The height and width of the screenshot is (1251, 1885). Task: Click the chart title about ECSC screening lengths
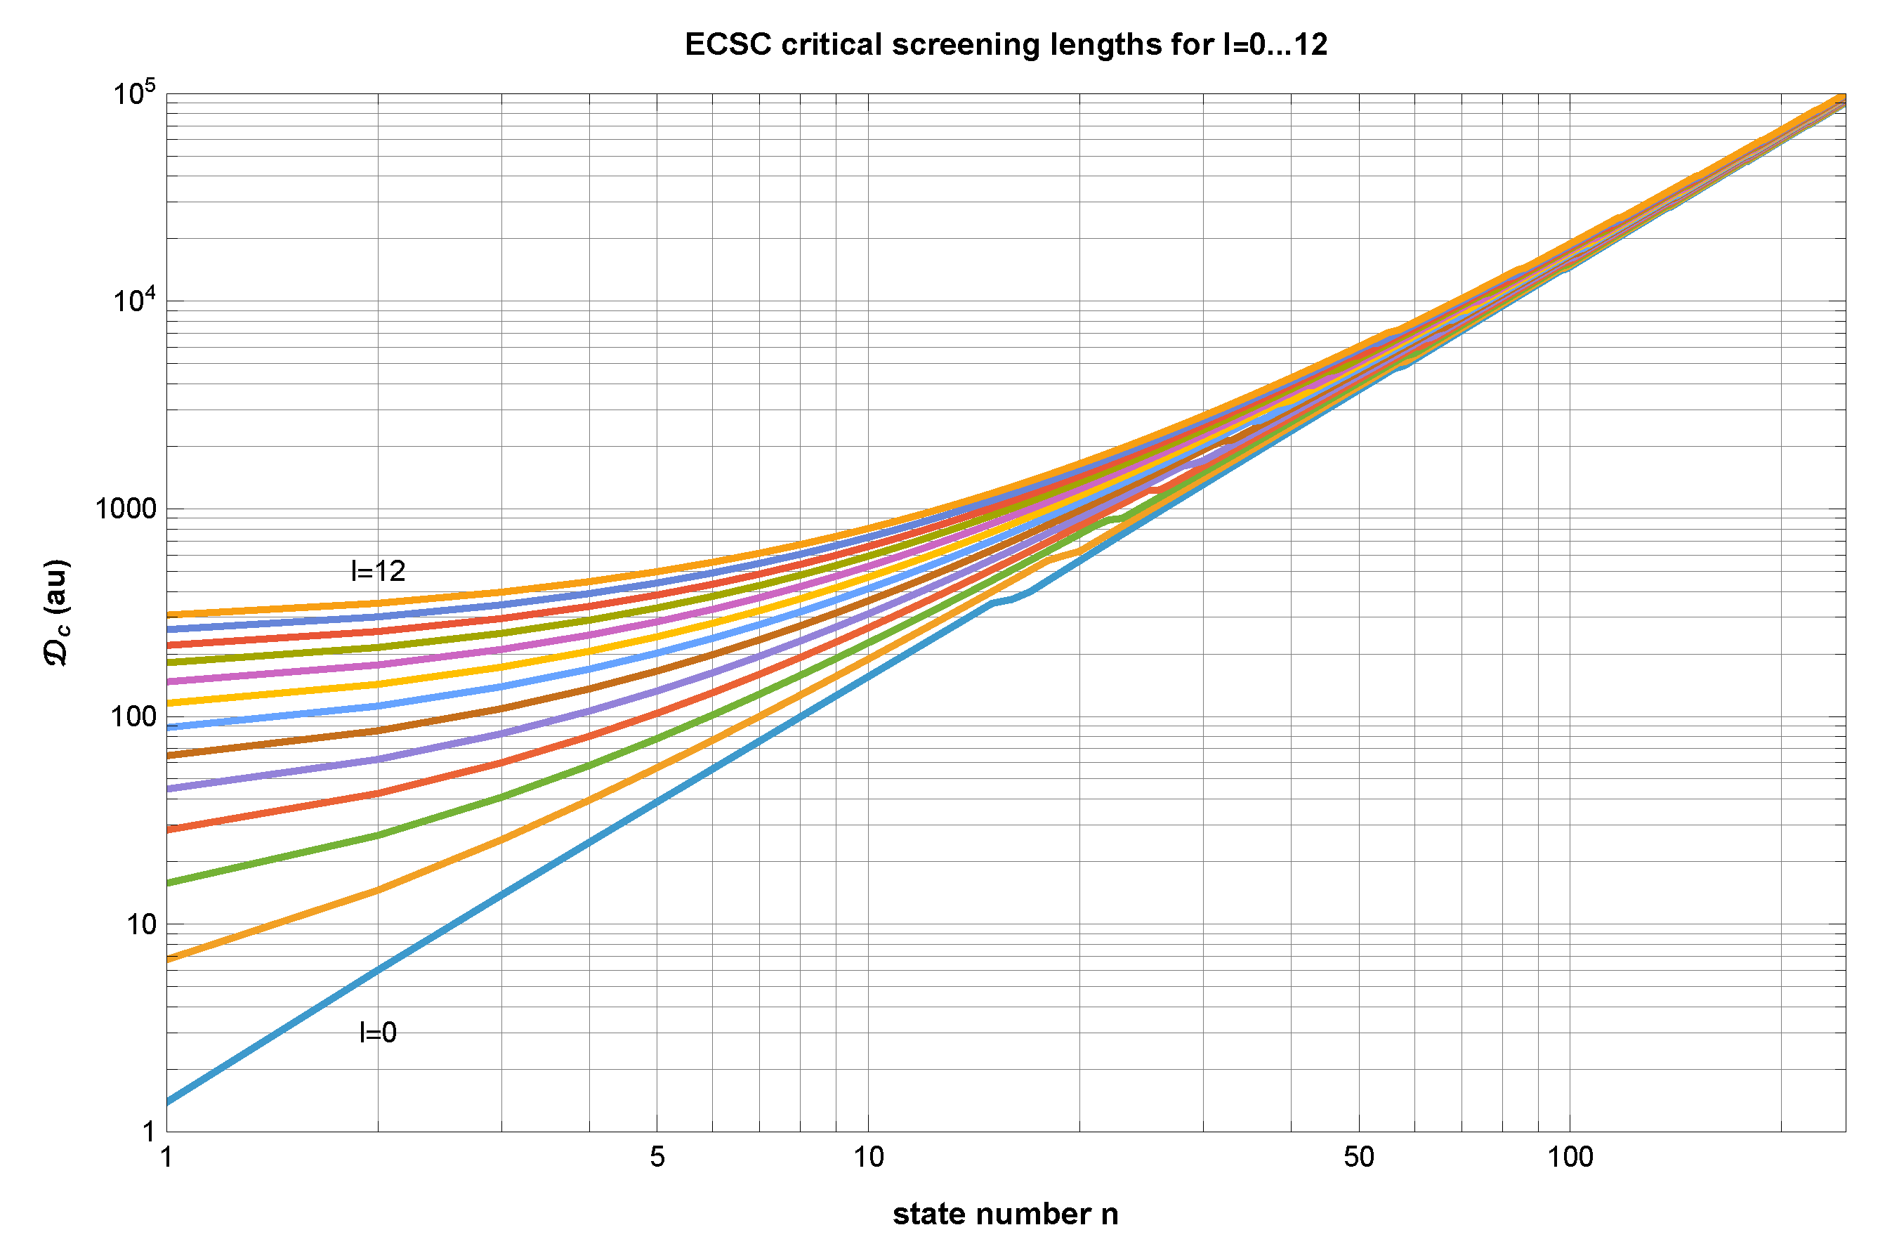coord(1005,45)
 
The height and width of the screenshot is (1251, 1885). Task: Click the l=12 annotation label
coord(378,571)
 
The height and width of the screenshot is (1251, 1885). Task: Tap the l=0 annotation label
coord(377,1033)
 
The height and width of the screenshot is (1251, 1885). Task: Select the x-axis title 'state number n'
coord(1005,1214)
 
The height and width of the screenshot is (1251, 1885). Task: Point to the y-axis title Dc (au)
coord(57,612)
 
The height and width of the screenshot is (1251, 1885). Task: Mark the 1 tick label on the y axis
coord(148,1132)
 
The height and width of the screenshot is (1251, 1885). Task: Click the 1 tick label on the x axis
coord(166,1157)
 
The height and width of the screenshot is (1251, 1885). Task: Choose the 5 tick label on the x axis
coord(657,1157)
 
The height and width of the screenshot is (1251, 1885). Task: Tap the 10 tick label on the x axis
coord(868,1157)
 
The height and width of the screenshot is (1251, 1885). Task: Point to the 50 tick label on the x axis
coord(1358,1157)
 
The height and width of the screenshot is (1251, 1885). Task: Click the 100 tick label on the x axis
coord(1570,1157)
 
